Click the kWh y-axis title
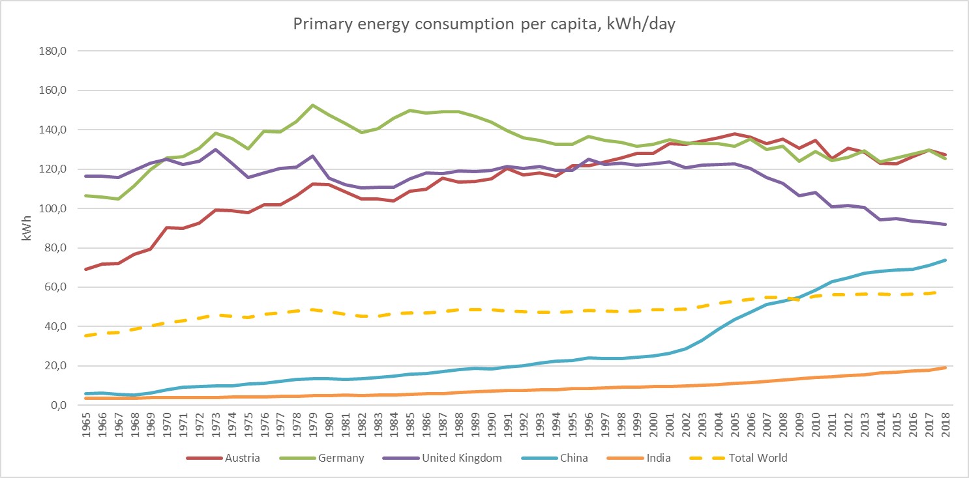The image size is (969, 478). (x=27, y=227)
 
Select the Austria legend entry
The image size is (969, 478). (x=223, y=458)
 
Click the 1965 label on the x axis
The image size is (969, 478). (x=87, y=427)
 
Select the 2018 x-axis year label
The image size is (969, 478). (x=945, y=427)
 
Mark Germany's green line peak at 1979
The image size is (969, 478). (x=313, y=105)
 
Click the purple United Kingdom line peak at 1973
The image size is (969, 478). (x=216, y=149)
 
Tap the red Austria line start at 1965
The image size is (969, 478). (x=87, y=269)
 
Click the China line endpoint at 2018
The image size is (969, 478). (x=945, y=260)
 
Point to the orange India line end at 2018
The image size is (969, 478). (x=945, y=367)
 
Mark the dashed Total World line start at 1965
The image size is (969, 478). (x=87, y=335)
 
